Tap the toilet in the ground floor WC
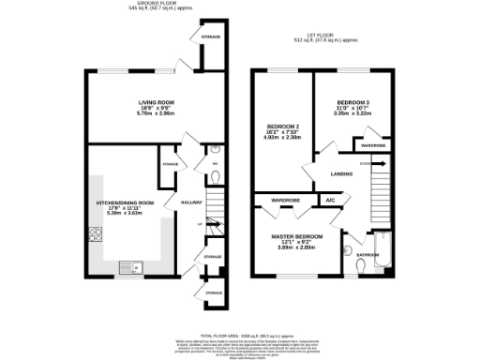click(x=215, y=150)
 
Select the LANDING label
click(x=341, y=173)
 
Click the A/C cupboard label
click(x=330, y=201)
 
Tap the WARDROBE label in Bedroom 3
click(x=372, y=145)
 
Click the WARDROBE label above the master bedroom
click(x=285, y=201)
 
